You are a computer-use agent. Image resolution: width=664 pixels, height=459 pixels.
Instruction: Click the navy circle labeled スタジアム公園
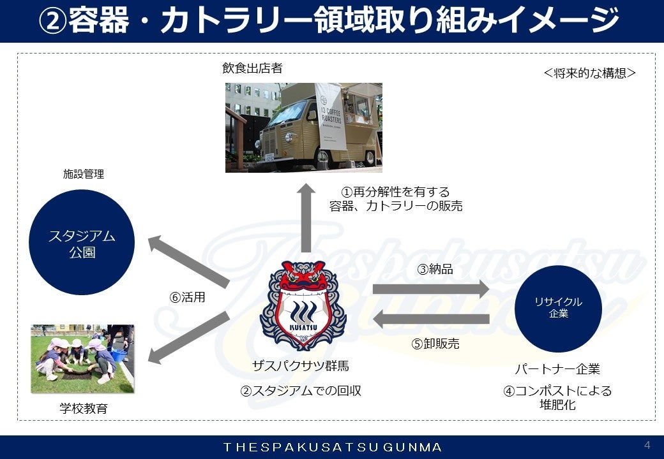[82, 242]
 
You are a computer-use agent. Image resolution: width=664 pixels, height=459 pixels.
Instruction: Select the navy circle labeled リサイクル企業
[558, 308]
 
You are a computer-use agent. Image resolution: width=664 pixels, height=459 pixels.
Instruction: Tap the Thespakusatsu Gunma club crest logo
[303, 305]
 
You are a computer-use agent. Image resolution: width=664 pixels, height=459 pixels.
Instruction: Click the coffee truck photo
[303, 127]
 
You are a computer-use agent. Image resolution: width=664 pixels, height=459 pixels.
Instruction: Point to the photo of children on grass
[82, 359]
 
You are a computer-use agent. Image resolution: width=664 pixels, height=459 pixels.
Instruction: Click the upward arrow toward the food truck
[306, 217]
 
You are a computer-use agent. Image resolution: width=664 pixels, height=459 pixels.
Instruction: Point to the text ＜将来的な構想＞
[589, 73]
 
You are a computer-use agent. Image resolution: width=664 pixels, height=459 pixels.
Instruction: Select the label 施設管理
[83, 173]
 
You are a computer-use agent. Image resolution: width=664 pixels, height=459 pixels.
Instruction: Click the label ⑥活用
[187, 298]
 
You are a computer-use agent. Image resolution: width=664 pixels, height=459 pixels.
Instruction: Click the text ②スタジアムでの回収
[300, 391]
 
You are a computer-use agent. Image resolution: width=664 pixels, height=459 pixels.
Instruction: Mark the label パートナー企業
[557, 369]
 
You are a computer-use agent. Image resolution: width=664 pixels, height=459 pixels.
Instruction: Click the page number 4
[647, 444]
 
